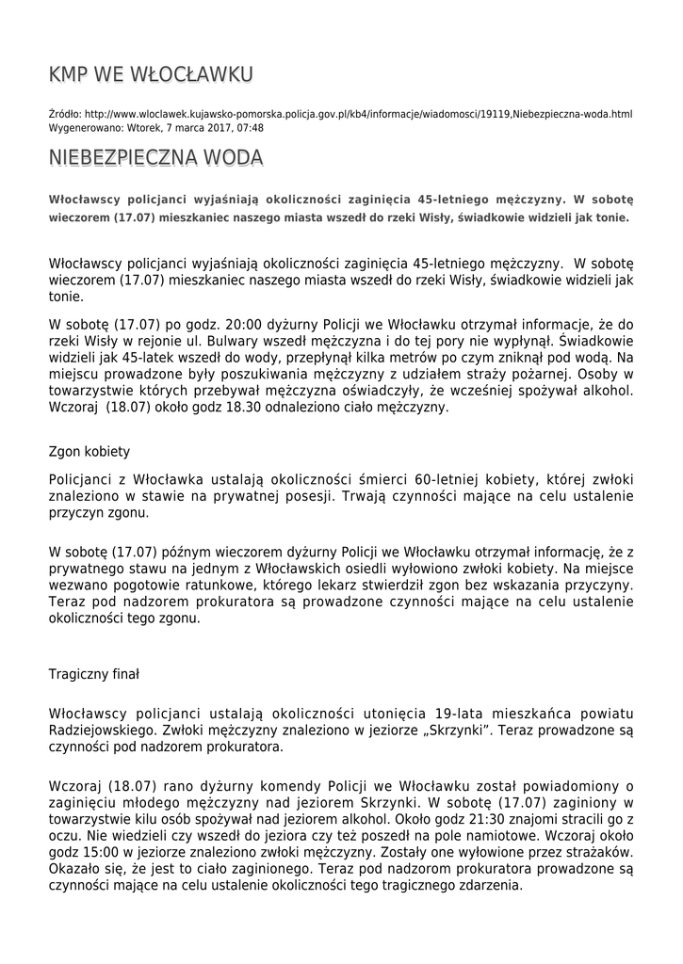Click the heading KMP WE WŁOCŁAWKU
tap(151, 74)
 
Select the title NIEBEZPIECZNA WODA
tap(155, 157)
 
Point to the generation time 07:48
tap(251, 128)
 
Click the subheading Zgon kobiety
tap(89, 451)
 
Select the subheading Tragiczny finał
tap(93, 674)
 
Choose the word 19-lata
tap(463, 714)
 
